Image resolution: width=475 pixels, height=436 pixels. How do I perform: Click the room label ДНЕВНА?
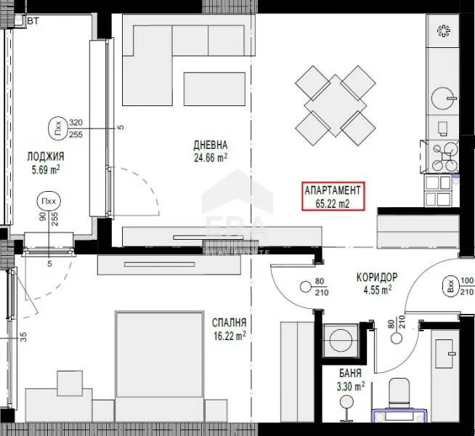[211, 144]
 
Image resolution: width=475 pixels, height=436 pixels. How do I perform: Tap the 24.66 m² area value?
[211, 156]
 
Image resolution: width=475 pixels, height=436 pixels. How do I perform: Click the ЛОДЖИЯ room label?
[46, 156]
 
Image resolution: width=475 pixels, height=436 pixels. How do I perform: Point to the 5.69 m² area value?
[44, 169]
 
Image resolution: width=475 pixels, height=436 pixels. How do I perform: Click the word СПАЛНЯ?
[229, 323]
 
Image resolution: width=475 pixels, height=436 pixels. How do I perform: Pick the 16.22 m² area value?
[229, 335]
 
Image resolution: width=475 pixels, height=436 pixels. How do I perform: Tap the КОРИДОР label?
[376, 277]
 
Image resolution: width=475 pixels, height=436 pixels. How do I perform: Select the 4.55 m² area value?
[375, 289]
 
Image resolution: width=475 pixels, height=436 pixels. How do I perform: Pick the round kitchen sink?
[441, 97]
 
